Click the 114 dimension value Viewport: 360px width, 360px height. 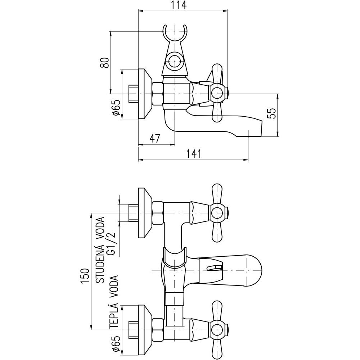pos(179,5)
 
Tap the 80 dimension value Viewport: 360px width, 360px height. pos(105,62)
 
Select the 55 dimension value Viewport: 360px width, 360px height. pos(273,113)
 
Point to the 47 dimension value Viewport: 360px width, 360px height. pos(154,139)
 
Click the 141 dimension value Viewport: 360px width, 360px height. pos(194,154)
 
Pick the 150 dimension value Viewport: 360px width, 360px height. pos(85,276)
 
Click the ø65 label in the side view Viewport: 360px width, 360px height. pos(117,107)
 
